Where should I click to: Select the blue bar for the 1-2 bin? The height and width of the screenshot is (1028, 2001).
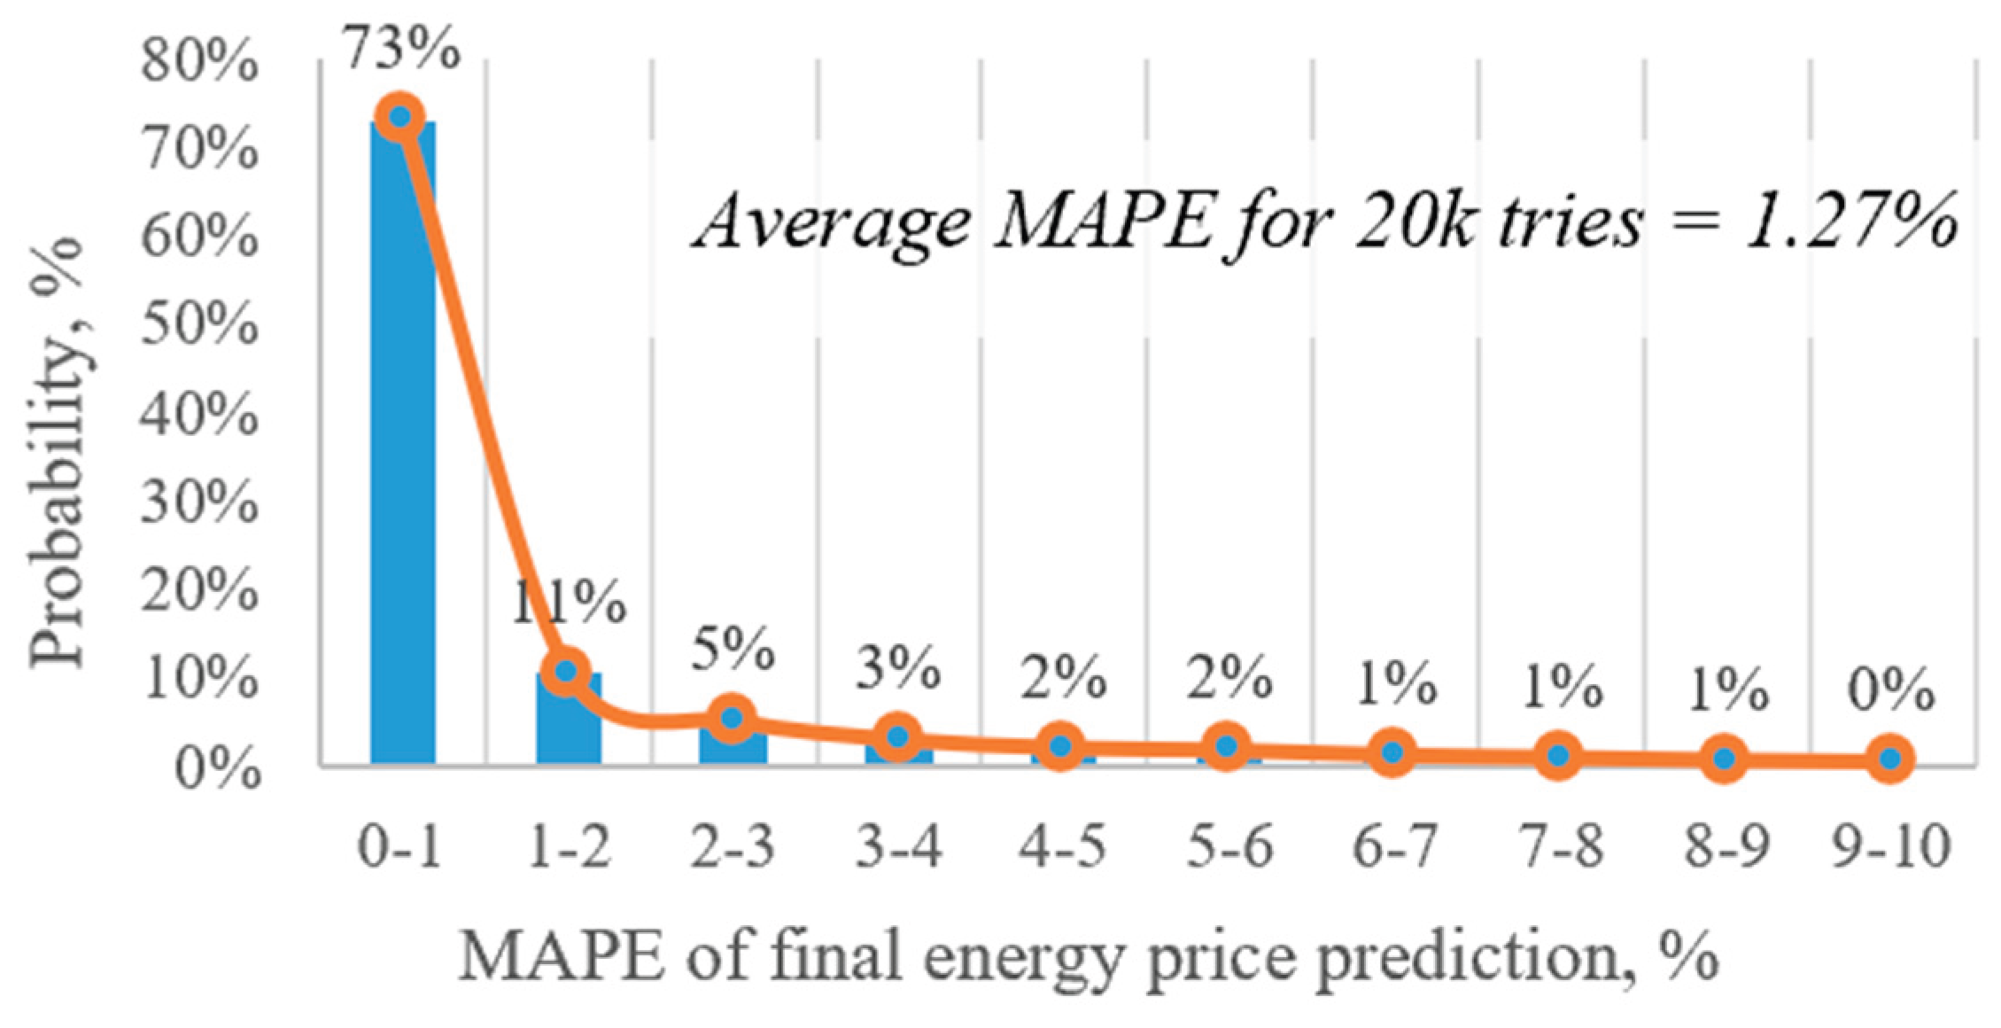(x=569, y=717)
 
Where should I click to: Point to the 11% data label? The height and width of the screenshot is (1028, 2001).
(x=568, y=605)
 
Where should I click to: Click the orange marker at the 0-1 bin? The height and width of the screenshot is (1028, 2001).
(x=400, y=116)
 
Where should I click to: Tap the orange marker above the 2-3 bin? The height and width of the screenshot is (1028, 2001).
(x=733, y=718)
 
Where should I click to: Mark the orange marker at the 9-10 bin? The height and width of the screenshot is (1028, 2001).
(x=1889, y=759)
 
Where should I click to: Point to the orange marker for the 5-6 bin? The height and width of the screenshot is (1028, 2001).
(x=1227, y=746)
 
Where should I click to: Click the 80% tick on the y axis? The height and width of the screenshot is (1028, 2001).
(x=200, y=65)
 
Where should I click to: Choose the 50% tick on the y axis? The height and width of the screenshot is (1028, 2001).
(x=200, y=328)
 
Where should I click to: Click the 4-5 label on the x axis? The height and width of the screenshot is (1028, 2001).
(x=1063, y=847)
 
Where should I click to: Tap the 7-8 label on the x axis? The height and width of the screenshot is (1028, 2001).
(x=1559, y=847)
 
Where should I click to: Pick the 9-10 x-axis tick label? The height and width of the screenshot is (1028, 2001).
(x=1890, y=847)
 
